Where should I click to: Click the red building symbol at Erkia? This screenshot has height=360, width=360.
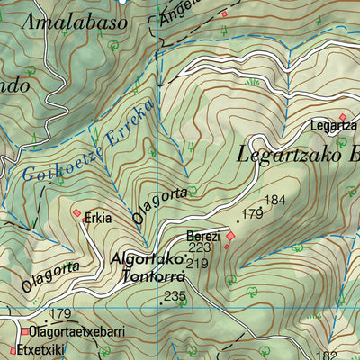click(x=77, y=213)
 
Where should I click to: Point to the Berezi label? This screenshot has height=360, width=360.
click(x=202, y=236)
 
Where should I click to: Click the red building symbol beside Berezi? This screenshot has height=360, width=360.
click(x=229, y=237)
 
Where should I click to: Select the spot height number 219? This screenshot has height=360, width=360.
click(x=198, y=263)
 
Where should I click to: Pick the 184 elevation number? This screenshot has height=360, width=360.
click(x=275, y=199)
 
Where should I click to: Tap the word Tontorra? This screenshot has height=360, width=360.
click(x=152, y=277)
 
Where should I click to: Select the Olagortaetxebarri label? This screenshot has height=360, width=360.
click(x=76, y=331)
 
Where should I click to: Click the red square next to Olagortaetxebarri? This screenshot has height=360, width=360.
click(x=24, y=331)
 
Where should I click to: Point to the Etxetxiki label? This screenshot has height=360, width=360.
click(x=40, y=349)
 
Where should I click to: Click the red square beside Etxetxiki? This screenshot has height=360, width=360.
click(x=13, y=350)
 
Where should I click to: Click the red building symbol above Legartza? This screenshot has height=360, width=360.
click(x=342, y=116)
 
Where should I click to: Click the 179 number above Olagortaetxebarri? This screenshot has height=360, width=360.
click(x=60, y=313)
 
